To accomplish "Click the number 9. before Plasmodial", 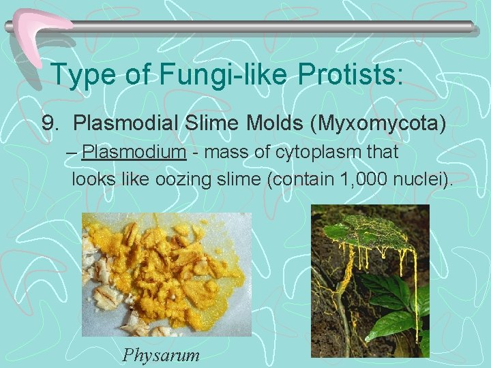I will coord(51,123).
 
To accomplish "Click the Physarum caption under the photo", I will coord(161,354).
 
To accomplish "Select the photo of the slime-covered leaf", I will coord(370,280).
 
